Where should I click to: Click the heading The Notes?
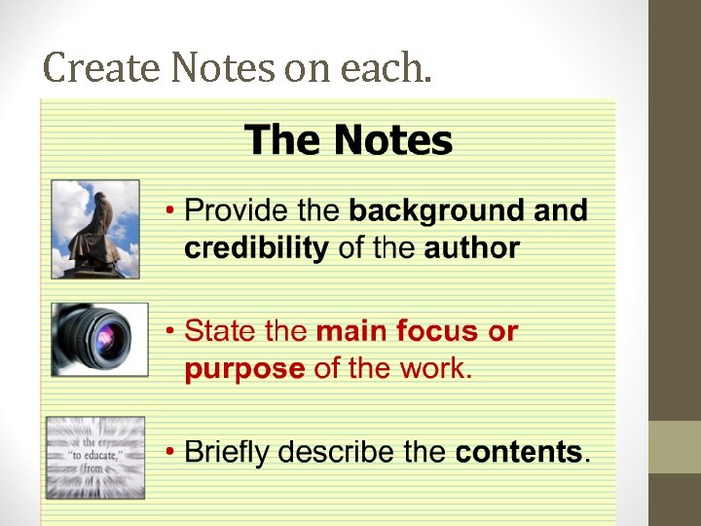349,140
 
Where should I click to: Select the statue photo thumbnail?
95,229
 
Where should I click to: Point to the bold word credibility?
256,248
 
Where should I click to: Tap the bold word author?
471,248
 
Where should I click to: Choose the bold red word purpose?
244,370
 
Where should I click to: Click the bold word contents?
519,453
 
